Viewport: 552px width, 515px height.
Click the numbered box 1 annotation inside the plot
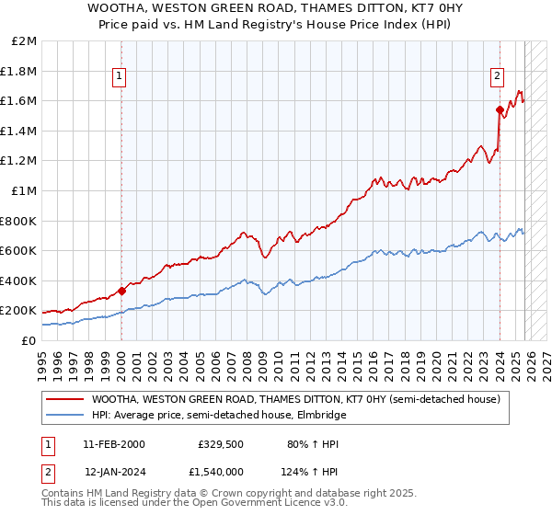coord(121,77)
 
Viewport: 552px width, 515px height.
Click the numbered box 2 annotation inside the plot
coord(498,77)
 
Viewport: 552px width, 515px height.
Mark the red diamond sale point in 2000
coord(121,291)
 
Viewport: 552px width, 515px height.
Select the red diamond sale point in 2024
coord(500,110)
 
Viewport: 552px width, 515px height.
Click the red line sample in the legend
coord(65,399)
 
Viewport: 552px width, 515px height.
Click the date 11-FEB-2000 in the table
coord(113,443)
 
